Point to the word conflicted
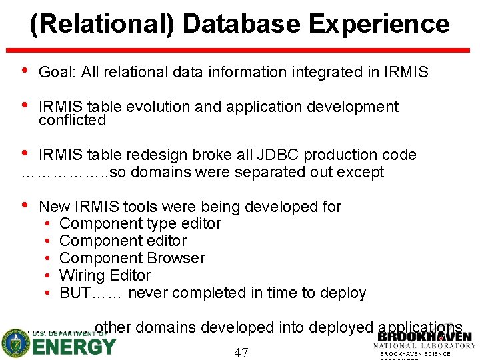[72, 121]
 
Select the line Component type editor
[140, 223]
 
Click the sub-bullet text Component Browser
[132, 258]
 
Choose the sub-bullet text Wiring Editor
[105, 275]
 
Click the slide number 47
[241, 352]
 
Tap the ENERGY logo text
[74, 347]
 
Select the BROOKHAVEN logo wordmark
[424, 336]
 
